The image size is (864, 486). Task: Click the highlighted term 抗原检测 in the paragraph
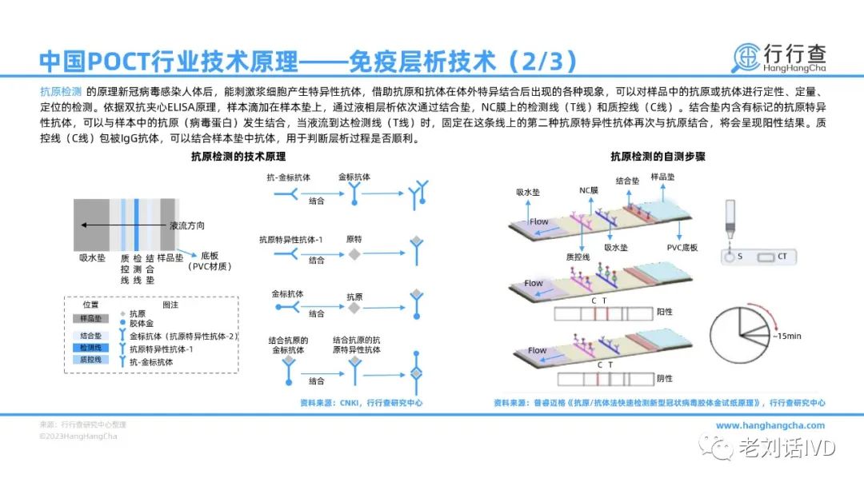61,90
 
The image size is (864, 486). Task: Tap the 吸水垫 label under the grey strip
92,258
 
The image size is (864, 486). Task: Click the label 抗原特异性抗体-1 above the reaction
290,239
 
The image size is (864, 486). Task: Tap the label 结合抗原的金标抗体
289,346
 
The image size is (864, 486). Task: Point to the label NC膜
589,190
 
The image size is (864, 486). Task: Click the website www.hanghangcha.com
770,425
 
